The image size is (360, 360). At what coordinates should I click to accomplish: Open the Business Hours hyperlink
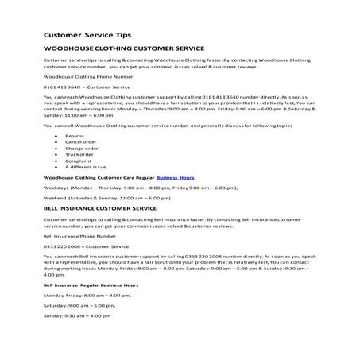pyautogui.click(x=175, y=177)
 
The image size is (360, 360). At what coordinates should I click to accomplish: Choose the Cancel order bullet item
pyautogui.click(x=80, y=142)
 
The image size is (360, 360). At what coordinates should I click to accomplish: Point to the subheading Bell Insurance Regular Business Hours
pyautogui.click(x=91, y=285)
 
